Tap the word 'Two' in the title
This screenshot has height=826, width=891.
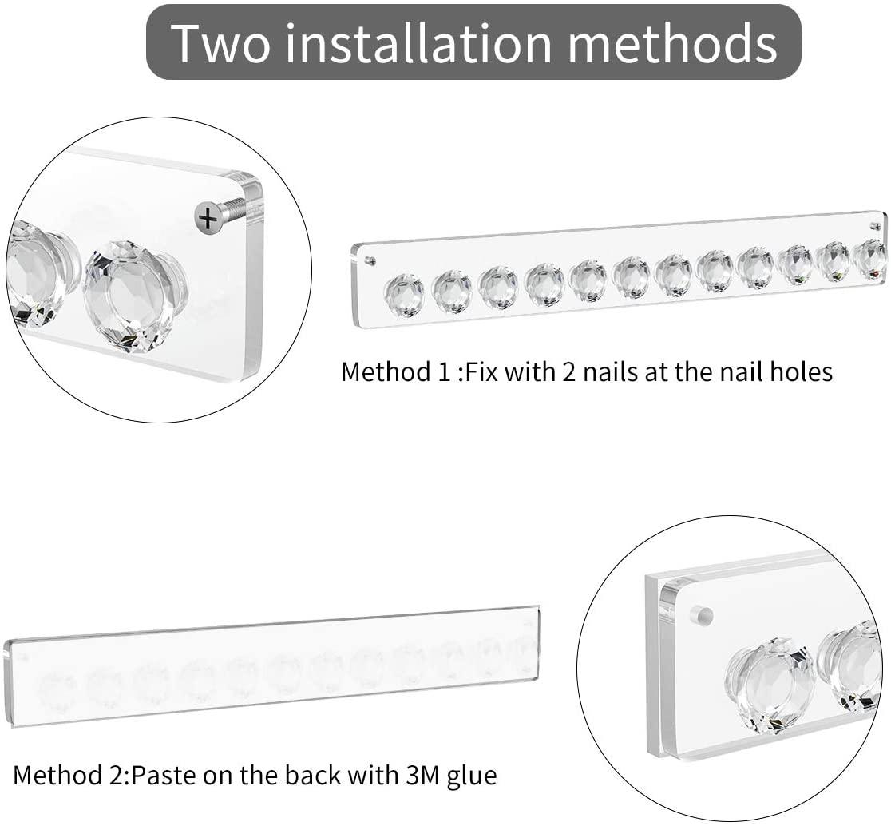coord(222,43)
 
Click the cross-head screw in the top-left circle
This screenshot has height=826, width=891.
coord(208,218)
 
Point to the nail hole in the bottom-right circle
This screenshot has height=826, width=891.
coord(701,615)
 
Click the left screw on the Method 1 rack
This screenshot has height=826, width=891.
coord(370,260)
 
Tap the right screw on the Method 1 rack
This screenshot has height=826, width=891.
coord(876,226)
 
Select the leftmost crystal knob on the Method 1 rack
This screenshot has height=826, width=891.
coord(404,293)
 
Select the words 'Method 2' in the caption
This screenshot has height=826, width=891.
coord(68,776)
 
